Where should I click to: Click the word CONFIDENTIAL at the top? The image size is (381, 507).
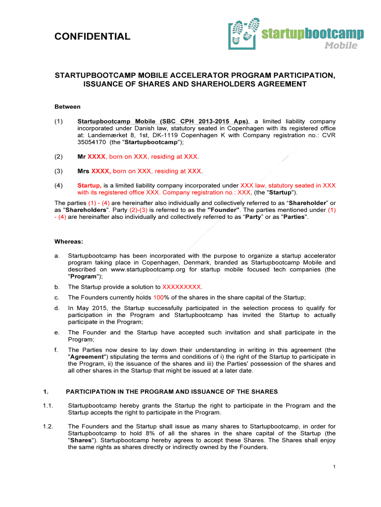point(92,36)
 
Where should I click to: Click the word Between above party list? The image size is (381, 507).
point(67,106)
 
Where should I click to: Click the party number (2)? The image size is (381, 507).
point(59,156)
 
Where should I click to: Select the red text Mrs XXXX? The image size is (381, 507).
point(94,171)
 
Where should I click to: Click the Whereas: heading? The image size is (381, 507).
point(69,242)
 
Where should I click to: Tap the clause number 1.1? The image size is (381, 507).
point(48,406)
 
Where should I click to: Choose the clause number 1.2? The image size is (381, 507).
point(48,426)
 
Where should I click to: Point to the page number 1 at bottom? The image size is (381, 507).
point(335,467)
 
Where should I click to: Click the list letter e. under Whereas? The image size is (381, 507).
point(57,333)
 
